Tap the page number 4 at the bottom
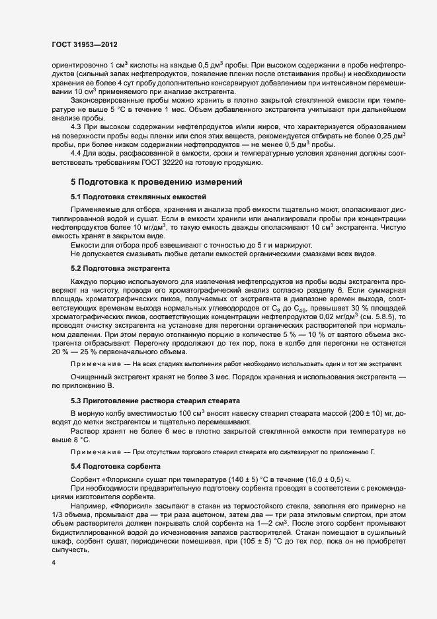pos(54,561)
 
